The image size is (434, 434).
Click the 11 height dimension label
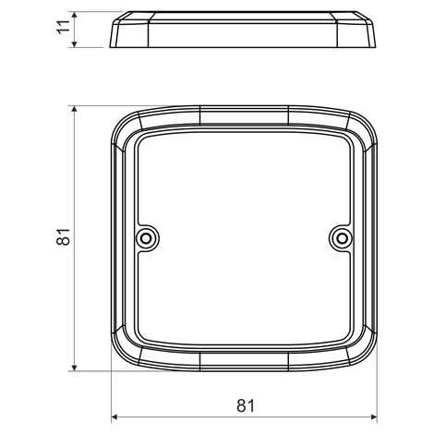(x=64, y=27)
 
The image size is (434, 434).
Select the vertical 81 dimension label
(x=64, y=236)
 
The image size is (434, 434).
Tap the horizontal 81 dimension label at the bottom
(x=246, y=405)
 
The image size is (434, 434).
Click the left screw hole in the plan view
(x=147, y=238)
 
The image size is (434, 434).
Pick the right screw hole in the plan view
(x=341, y=238)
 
